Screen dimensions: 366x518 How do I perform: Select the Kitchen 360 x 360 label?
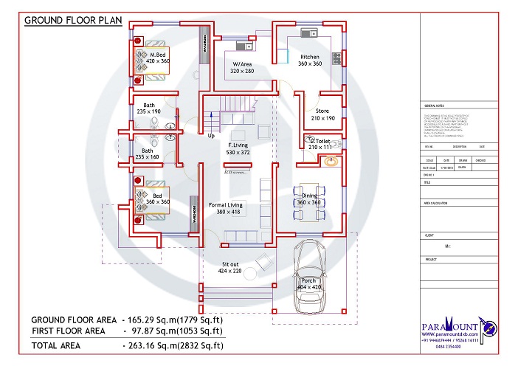309,61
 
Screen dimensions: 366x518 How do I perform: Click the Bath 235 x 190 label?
149,108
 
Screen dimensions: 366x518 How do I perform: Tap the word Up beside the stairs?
211,136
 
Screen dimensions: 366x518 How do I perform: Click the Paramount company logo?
452,327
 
